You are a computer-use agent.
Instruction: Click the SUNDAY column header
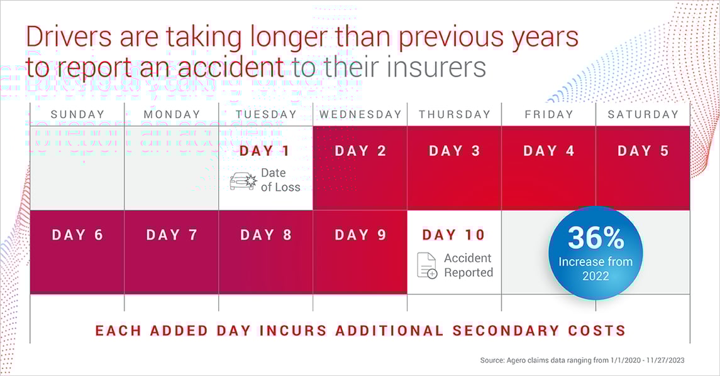coord(77,114)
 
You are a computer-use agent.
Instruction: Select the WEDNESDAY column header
coord(360,114)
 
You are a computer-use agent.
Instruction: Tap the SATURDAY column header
coord(642,114)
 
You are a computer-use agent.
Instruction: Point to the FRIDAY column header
coord(548,114)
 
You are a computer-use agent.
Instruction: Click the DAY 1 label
coord(265,151)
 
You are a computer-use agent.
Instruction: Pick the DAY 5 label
coord(643,151)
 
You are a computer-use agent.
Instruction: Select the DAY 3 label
coord(454,151)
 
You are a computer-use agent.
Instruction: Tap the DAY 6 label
coord(77,235)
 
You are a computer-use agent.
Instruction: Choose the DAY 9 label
coord(360,235)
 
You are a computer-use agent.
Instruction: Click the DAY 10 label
coord(453,235)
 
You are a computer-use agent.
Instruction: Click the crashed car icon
coord(242,181)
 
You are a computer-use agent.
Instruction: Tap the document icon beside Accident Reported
coord(427,266)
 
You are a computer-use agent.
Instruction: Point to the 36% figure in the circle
coord(595,238)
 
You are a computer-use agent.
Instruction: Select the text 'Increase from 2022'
coord(595,268)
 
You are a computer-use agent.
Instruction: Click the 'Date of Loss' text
coord(280,180)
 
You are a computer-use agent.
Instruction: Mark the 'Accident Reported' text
coord(468,265)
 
